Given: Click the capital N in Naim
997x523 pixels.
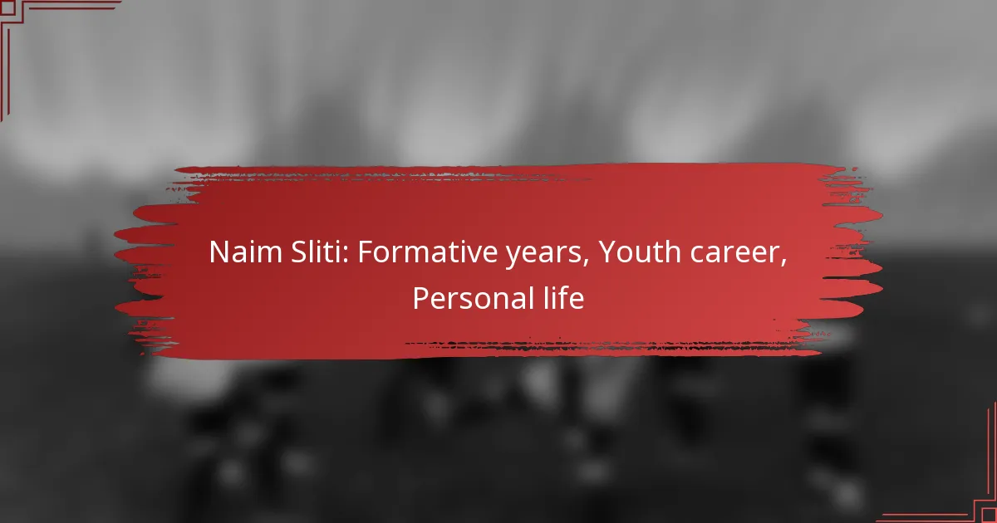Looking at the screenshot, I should click(219, 253).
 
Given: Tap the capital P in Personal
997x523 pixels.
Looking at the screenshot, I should click(420, 299).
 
